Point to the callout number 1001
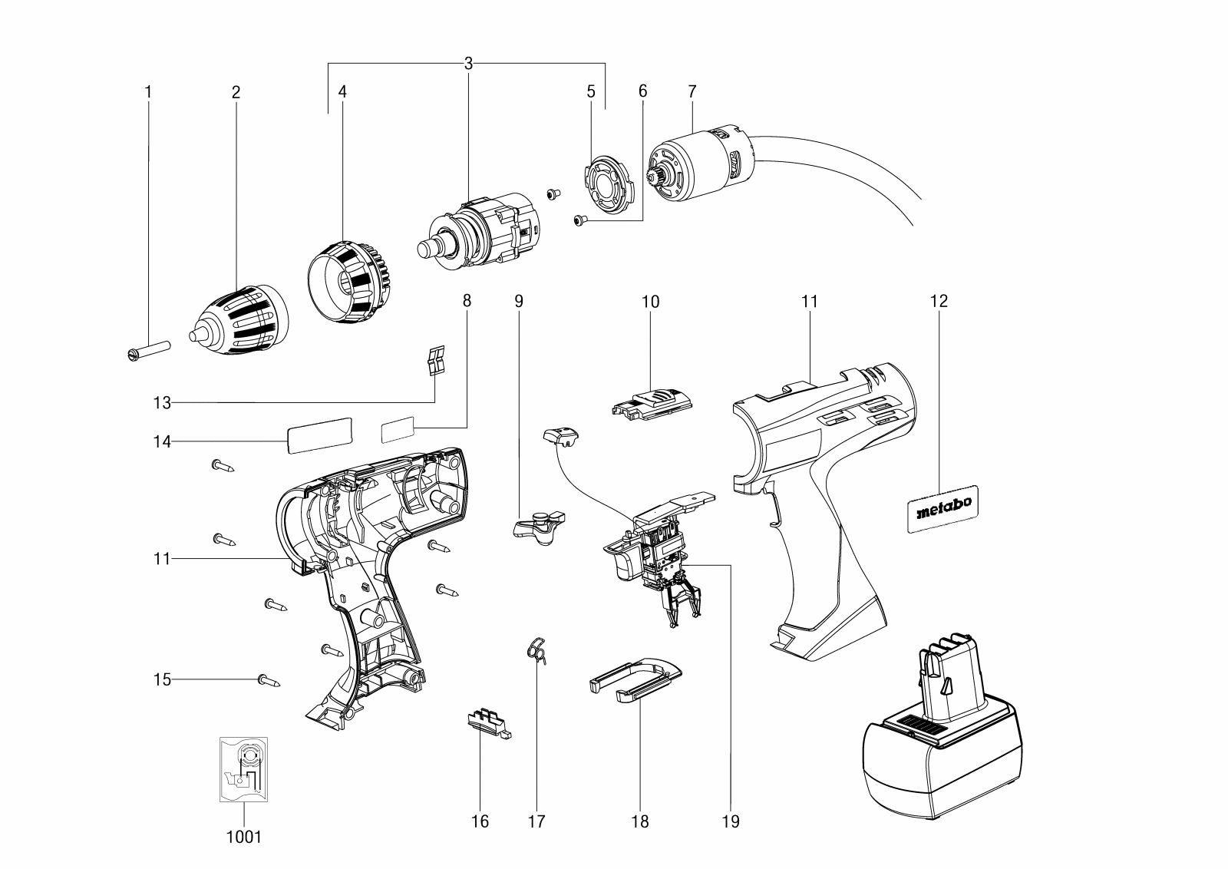[x=244, y=836]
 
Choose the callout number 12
[x=939, y=301]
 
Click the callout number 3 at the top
[x=467, y=64]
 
